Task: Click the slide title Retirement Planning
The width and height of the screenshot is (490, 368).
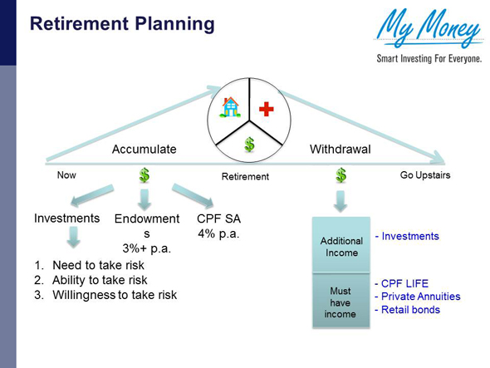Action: click(122, 23)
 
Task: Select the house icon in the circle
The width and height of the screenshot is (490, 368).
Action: click(229, 108)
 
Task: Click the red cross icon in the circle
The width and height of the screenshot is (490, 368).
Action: click(267, 109)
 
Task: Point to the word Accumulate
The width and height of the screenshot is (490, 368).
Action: click(145, 150)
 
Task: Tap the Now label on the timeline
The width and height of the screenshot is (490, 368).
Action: click(66, 175)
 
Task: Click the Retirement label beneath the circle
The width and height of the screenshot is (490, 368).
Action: click(245, 177)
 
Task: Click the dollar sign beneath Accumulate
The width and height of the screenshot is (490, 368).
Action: click(145, 176)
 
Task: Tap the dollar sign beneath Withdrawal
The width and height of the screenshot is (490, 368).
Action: click(341, 176)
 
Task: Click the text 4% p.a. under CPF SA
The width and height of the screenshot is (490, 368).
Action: click(218, 233)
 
